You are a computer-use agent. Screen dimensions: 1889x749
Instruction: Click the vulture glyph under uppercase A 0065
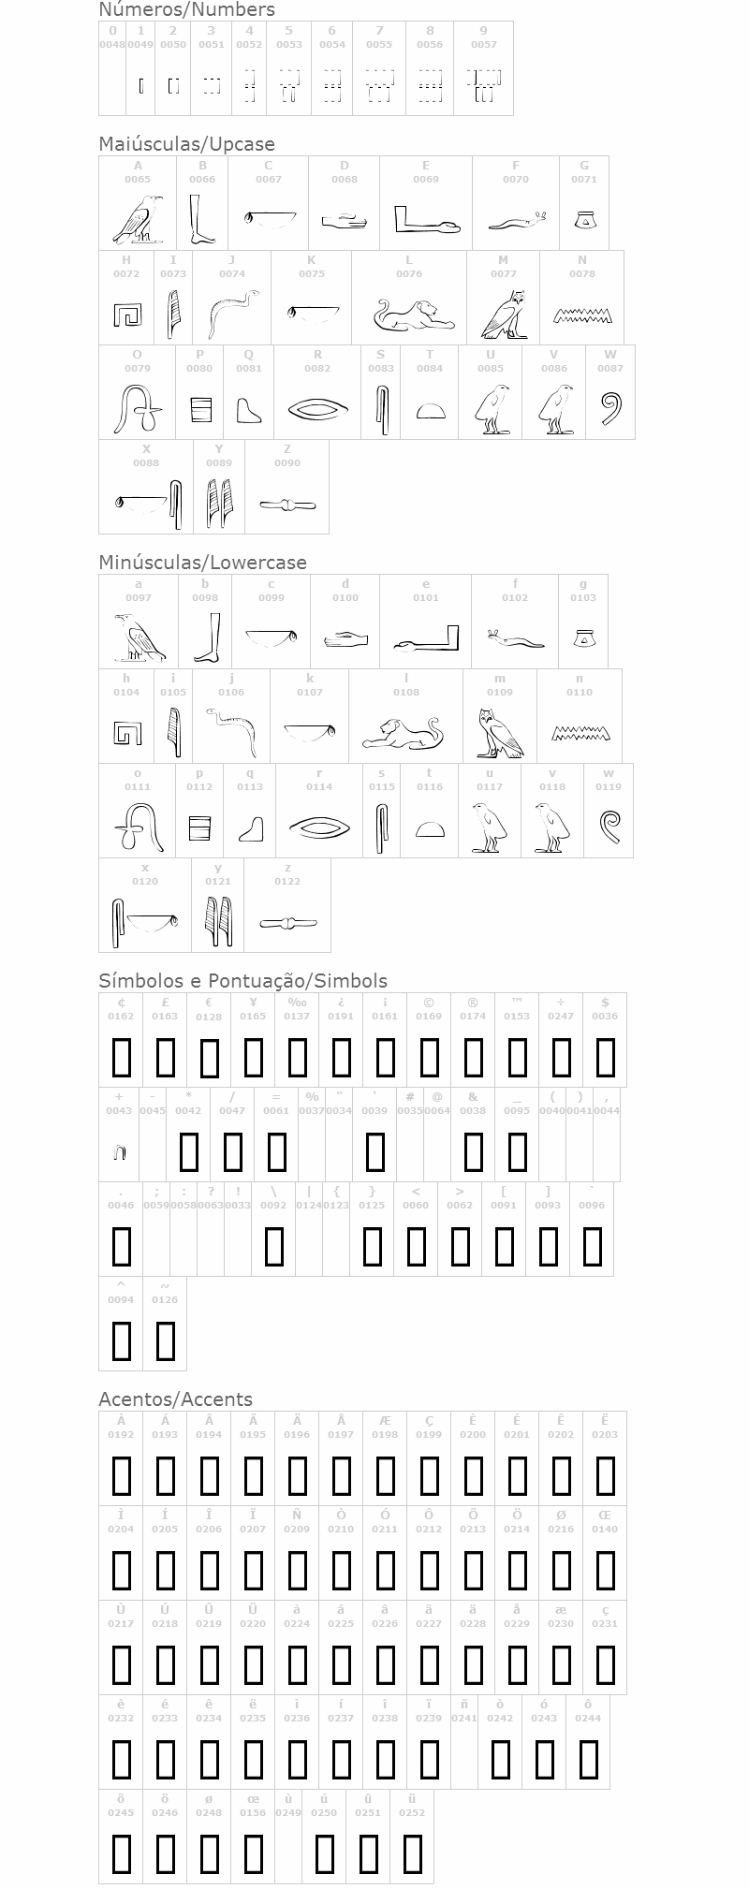pyautogui.click(x=138, y=220)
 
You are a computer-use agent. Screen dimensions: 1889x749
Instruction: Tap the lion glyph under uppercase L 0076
pyautogui.click(x=409, y=315)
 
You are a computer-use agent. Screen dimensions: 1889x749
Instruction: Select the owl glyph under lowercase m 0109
pyautogui.click(x=499, y=733)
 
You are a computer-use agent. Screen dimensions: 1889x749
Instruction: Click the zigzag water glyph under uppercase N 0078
pyautogui.click(x=581, y=315)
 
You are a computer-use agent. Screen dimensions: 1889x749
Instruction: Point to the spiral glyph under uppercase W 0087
pyautogui.click(x=610, y=409)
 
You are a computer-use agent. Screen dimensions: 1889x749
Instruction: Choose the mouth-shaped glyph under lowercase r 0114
pyautogui.click(x=318, y=827)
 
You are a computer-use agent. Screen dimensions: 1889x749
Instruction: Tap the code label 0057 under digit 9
pyautogui.click(x=483, y=44)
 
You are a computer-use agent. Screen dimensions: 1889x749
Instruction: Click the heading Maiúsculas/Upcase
pyautogui.click(x=187, y=144)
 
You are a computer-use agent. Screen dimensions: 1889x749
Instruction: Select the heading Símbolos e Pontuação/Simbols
pyautogui.click(x=242, y=981)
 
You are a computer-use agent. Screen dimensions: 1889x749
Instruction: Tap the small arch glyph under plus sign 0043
pyautogui.click(x=119, y=1152)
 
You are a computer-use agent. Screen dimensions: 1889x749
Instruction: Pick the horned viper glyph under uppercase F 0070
pyautogui.click(x=516, y=221)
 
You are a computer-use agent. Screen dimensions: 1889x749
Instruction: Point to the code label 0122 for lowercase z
pyautogui.click(x=287, y=881)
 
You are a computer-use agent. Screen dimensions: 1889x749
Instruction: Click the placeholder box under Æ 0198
pyautogui.click(x=385, y=1476)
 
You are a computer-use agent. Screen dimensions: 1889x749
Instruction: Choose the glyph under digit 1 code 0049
pyautogui.click(x=140, y=86)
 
